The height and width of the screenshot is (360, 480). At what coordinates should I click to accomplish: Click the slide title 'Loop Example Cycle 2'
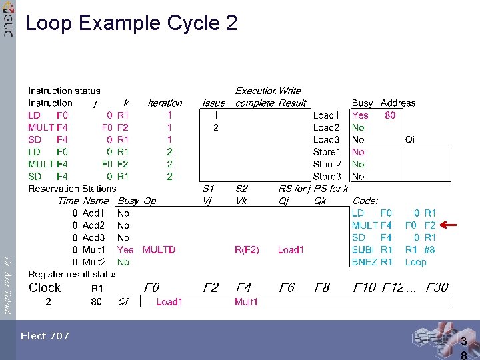(131, 23)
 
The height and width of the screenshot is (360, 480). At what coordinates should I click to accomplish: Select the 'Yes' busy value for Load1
(360, 115)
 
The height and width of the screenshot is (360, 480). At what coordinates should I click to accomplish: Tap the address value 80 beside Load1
(390, 115)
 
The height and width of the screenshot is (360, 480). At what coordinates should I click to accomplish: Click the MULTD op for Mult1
(159, 250)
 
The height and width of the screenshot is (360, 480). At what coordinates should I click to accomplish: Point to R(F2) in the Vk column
(247, 250)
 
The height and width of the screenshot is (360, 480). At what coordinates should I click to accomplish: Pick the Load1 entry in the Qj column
(291, 250)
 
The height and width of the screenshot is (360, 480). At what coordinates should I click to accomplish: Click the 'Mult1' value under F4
(246, 302)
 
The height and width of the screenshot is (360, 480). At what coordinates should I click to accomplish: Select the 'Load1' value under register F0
(169, 302)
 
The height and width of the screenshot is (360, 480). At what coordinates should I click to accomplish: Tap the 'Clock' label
(45, 288)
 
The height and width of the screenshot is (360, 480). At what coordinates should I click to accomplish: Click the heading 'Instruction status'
(64, 91)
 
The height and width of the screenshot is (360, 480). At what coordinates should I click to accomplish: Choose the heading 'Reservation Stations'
(72, 189)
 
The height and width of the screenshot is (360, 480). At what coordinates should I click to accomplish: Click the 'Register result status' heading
(73, 274)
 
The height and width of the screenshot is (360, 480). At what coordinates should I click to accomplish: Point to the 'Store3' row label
(327, 177)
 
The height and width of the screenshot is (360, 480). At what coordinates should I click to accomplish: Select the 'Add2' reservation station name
(93, 225)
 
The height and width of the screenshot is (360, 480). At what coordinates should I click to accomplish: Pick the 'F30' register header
(437, 288)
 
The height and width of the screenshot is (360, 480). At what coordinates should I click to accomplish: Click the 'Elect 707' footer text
(45, 336)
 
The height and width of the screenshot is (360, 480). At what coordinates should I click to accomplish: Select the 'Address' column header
(397, 103)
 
